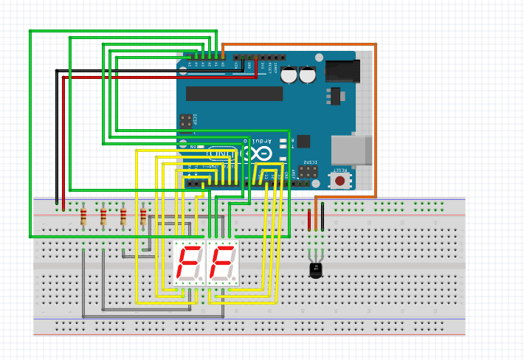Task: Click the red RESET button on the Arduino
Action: (339, 180)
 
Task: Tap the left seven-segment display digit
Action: (188, 263)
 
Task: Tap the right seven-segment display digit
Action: (223, 263)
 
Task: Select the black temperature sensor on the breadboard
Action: (316, 269)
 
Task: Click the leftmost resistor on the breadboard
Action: (83, 216)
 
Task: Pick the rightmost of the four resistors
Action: (143, 216)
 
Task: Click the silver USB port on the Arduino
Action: (351, 150)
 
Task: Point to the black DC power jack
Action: (343, 71)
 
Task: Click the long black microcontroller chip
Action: (234, 94)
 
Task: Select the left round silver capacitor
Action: (289, 75)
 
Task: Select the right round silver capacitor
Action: (308, 75)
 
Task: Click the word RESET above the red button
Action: (340, 170)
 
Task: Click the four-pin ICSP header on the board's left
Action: (186, 121)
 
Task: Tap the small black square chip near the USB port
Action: (303, 142)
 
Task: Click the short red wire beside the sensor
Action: (309, 220)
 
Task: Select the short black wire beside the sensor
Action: (323, 220)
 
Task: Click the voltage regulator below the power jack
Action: (336, 97)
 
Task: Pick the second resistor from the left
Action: (103, 216)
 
